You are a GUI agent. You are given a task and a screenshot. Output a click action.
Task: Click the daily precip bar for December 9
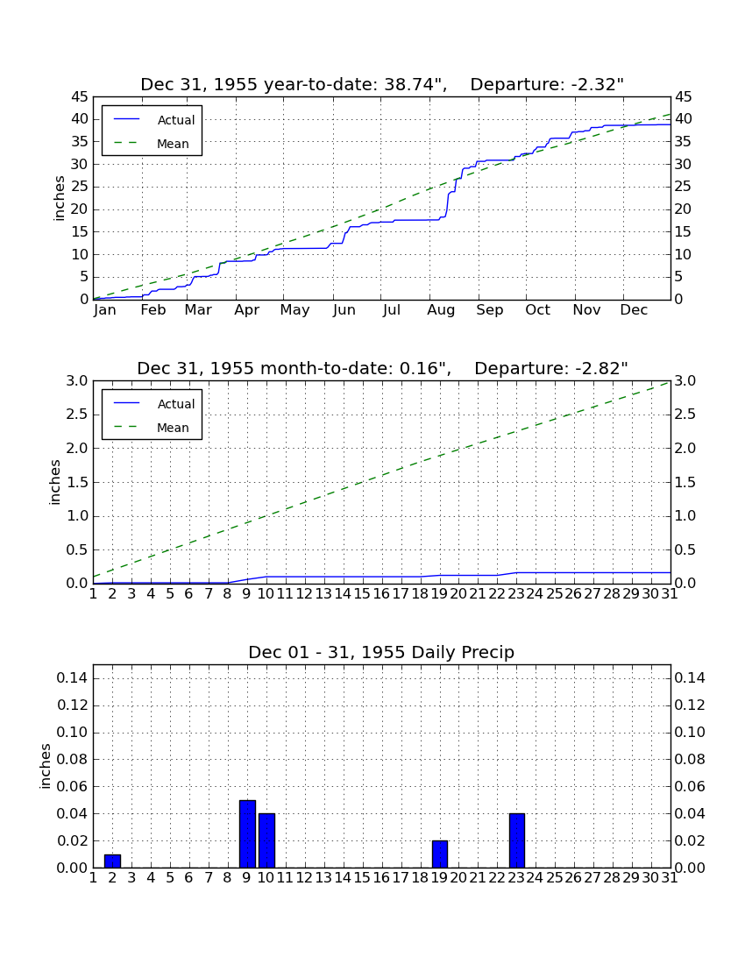point(247,833)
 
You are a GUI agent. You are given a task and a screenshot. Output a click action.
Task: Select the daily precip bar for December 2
point(112,861)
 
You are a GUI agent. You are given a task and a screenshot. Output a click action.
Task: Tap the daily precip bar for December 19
point(439,854)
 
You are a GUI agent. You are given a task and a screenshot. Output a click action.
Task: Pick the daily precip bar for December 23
point(517,840)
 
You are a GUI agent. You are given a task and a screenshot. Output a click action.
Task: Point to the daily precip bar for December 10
point(266,840)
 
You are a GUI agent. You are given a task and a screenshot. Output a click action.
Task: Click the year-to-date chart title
point(382,84)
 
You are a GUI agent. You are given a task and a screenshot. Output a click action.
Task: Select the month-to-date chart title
point(382,368)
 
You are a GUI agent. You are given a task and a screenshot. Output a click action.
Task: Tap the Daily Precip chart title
point(381,652)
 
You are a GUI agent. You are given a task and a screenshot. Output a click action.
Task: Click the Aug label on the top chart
point(441,310)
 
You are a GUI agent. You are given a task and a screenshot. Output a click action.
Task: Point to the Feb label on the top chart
point(153,310)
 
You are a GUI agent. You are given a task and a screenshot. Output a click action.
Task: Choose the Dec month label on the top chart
point(634,310)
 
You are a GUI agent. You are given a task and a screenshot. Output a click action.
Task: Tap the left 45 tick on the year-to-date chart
point(80,97)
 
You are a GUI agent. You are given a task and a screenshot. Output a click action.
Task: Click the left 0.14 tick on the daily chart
point(73,678)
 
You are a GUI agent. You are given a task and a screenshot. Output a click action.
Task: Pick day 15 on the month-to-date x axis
point(362,594)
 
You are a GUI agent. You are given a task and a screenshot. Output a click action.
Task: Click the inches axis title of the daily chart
point(45,766)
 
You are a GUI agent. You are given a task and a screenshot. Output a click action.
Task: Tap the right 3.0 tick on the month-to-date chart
point(685,381)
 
